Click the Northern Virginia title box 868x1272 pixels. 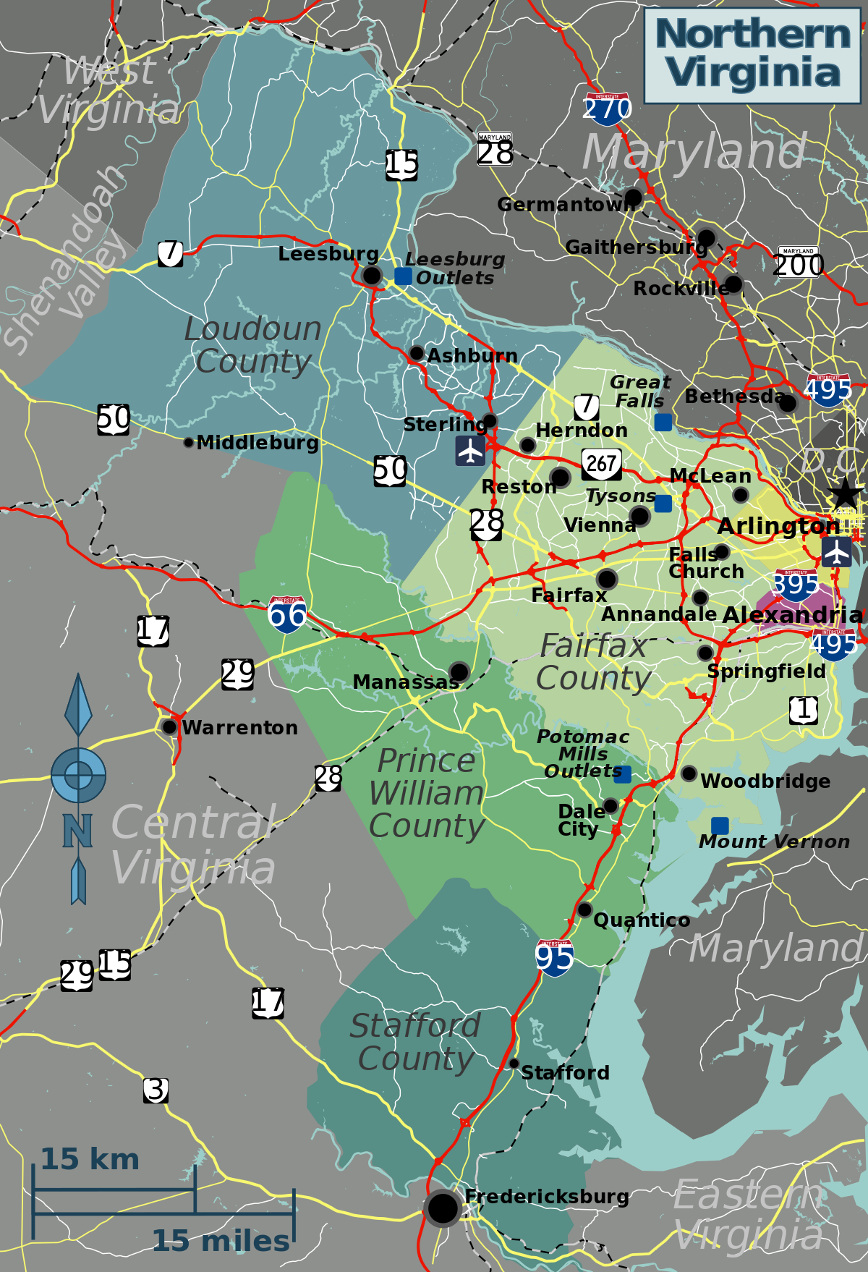coord(752,55)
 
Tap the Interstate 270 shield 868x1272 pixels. coord(607,107)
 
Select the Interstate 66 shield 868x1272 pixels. coord(286,615)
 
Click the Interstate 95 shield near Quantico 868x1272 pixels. coord(555,958)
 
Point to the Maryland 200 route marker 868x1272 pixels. coord(798,263)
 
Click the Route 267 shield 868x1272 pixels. coord(601,464)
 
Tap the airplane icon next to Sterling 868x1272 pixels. coord(470,451)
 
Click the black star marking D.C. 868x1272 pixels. coord(844,494)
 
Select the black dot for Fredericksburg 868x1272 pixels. coord(443,1207)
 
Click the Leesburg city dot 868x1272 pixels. coord(371,275)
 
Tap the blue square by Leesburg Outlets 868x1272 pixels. coord(403,276)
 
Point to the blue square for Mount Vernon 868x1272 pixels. coord(720,826)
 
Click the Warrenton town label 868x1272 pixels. coord(239,728)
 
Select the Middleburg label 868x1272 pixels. coord(257,443)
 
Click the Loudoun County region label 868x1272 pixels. coord(252,345)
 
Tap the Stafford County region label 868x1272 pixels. coord(415,1042)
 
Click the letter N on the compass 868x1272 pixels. coord(77,831)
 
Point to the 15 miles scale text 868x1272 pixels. coord(221,1241)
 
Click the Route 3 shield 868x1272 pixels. coord(156,1090)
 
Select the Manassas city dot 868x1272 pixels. coord(459,671)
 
